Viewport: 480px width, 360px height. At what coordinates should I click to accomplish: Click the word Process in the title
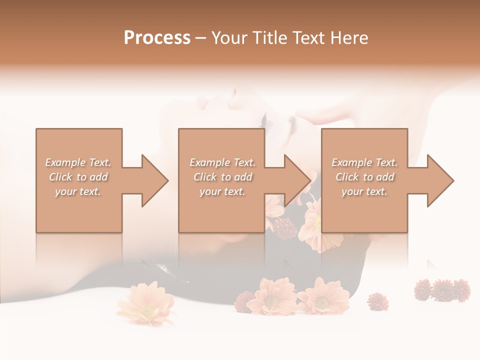(157, 38)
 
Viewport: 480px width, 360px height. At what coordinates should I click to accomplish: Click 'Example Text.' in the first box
(78, 162)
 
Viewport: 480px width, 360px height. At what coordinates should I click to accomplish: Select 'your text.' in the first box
(78, 191)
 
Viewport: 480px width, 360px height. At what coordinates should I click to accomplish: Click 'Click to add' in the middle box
(222, 177)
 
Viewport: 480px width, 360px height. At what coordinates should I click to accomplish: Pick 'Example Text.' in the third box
(364, 162)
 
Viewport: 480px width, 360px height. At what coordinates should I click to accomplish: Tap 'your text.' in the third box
(364, 191)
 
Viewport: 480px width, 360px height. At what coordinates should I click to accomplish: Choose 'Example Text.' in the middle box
(222, 162)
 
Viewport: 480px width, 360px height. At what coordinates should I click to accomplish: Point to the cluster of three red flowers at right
(442, 290)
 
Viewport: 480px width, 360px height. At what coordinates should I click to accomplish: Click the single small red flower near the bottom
(377, 301)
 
